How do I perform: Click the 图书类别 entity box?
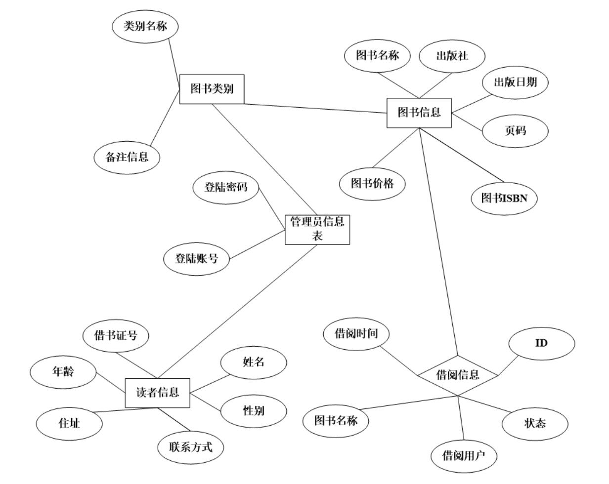tap(212, 89)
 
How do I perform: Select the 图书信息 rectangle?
tap(419, 113)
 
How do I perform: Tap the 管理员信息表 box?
tap(317, 229)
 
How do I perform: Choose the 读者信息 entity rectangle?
tap(157, 393)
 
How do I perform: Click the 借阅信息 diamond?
tap(457, 375)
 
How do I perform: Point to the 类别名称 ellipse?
tap(145, 27)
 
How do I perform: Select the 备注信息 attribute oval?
tap(128, 157)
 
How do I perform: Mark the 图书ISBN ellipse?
tap(504, 198)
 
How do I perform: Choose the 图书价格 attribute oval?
tap(372, 183)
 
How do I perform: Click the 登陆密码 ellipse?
tap(225, 187)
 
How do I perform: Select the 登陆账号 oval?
tap(197, 258)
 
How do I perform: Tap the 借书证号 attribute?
tap(116, 336)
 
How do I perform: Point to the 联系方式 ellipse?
tap(190, 447)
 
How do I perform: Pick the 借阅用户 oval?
tap(463, 454)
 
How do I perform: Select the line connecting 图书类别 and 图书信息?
tap(315, 108)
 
